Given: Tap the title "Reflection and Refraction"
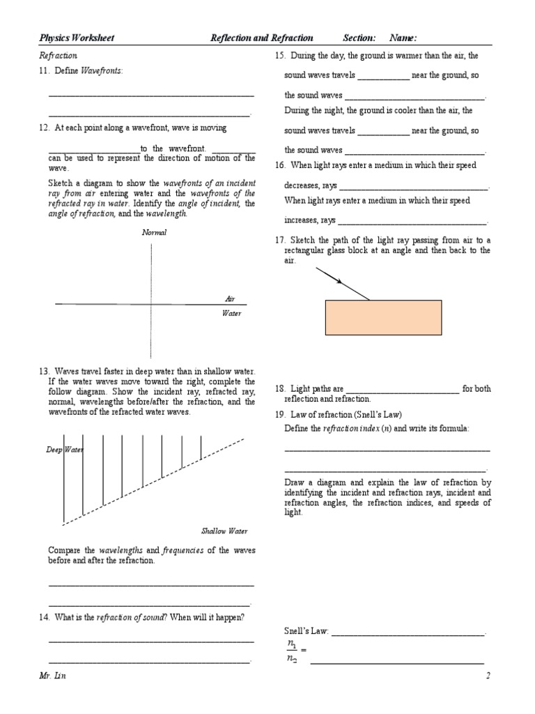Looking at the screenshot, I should coord(261,38).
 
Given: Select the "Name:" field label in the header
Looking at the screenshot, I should coord(403,38).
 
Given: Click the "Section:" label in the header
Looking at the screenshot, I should coord(359,38).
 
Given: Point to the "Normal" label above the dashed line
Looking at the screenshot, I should coord(154,232).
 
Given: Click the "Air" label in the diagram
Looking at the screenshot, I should coord(230,298).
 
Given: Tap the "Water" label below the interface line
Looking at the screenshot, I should coord(231,314).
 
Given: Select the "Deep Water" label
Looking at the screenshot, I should coord(64,450).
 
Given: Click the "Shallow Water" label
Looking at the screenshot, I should coord(224,531).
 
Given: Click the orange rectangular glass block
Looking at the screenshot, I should coord(383,318).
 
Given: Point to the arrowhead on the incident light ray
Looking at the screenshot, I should coord(339,282).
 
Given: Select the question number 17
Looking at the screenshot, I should coord(281,240).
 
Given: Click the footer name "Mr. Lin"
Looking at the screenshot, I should coord(53,676).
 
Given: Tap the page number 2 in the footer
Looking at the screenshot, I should coord(488,676).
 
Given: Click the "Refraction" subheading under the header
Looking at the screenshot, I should coord(59,55).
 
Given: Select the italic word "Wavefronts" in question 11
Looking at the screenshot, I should coord(102,71).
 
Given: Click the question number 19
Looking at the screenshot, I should coord(281,414).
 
